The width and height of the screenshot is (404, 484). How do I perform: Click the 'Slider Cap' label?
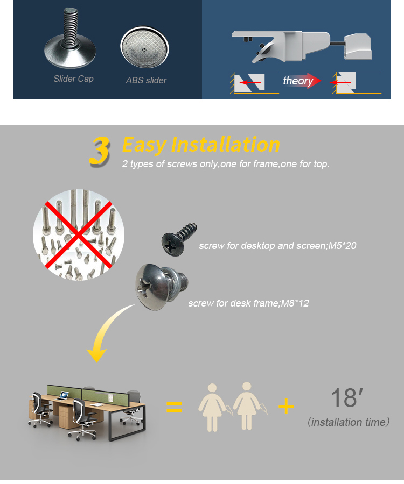click(x=74, y=79)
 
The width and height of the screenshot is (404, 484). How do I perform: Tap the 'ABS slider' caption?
click(x=146, y=80)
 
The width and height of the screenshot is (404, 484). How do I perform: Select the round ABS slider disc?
click(x=144, y=47)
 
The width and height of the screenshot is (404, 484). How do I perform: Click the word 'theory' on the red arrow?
click(x=298, y=81)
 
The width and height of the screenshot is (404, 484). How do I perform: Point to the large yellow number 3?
click(x=99, y=151)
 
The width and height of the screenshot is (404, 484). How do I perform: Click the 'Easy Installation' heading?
click(x=201, y=145)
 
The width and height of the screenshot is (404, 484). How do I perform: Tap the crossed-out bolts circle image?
click(x=79, y=235)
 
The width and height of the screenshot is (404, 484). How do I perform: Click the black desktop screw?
click(x=179, y=239)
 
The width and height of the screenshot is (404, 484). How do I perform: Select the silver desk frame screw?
click(x=162, y=287)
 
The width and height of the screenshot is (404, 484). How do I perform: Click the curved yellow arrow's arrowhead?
click(x=96, y=355)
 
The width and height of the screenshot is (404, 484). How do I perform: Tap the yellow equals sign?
click(x=175, y=407)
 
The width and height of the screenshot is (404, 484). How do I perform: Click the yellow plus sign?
click(x=286, y=406)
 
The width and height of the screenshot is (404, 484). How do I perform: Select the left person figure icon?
click(x=213, y=408)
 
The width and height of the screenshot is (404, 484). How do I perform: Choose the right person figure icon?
click(x=248, y=406)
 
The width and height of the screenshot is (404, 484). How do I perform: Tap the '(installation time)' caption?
click(x=349, y=422)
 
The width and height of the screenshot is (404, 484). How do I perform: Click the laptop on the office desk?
click(x=64, y=395)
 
